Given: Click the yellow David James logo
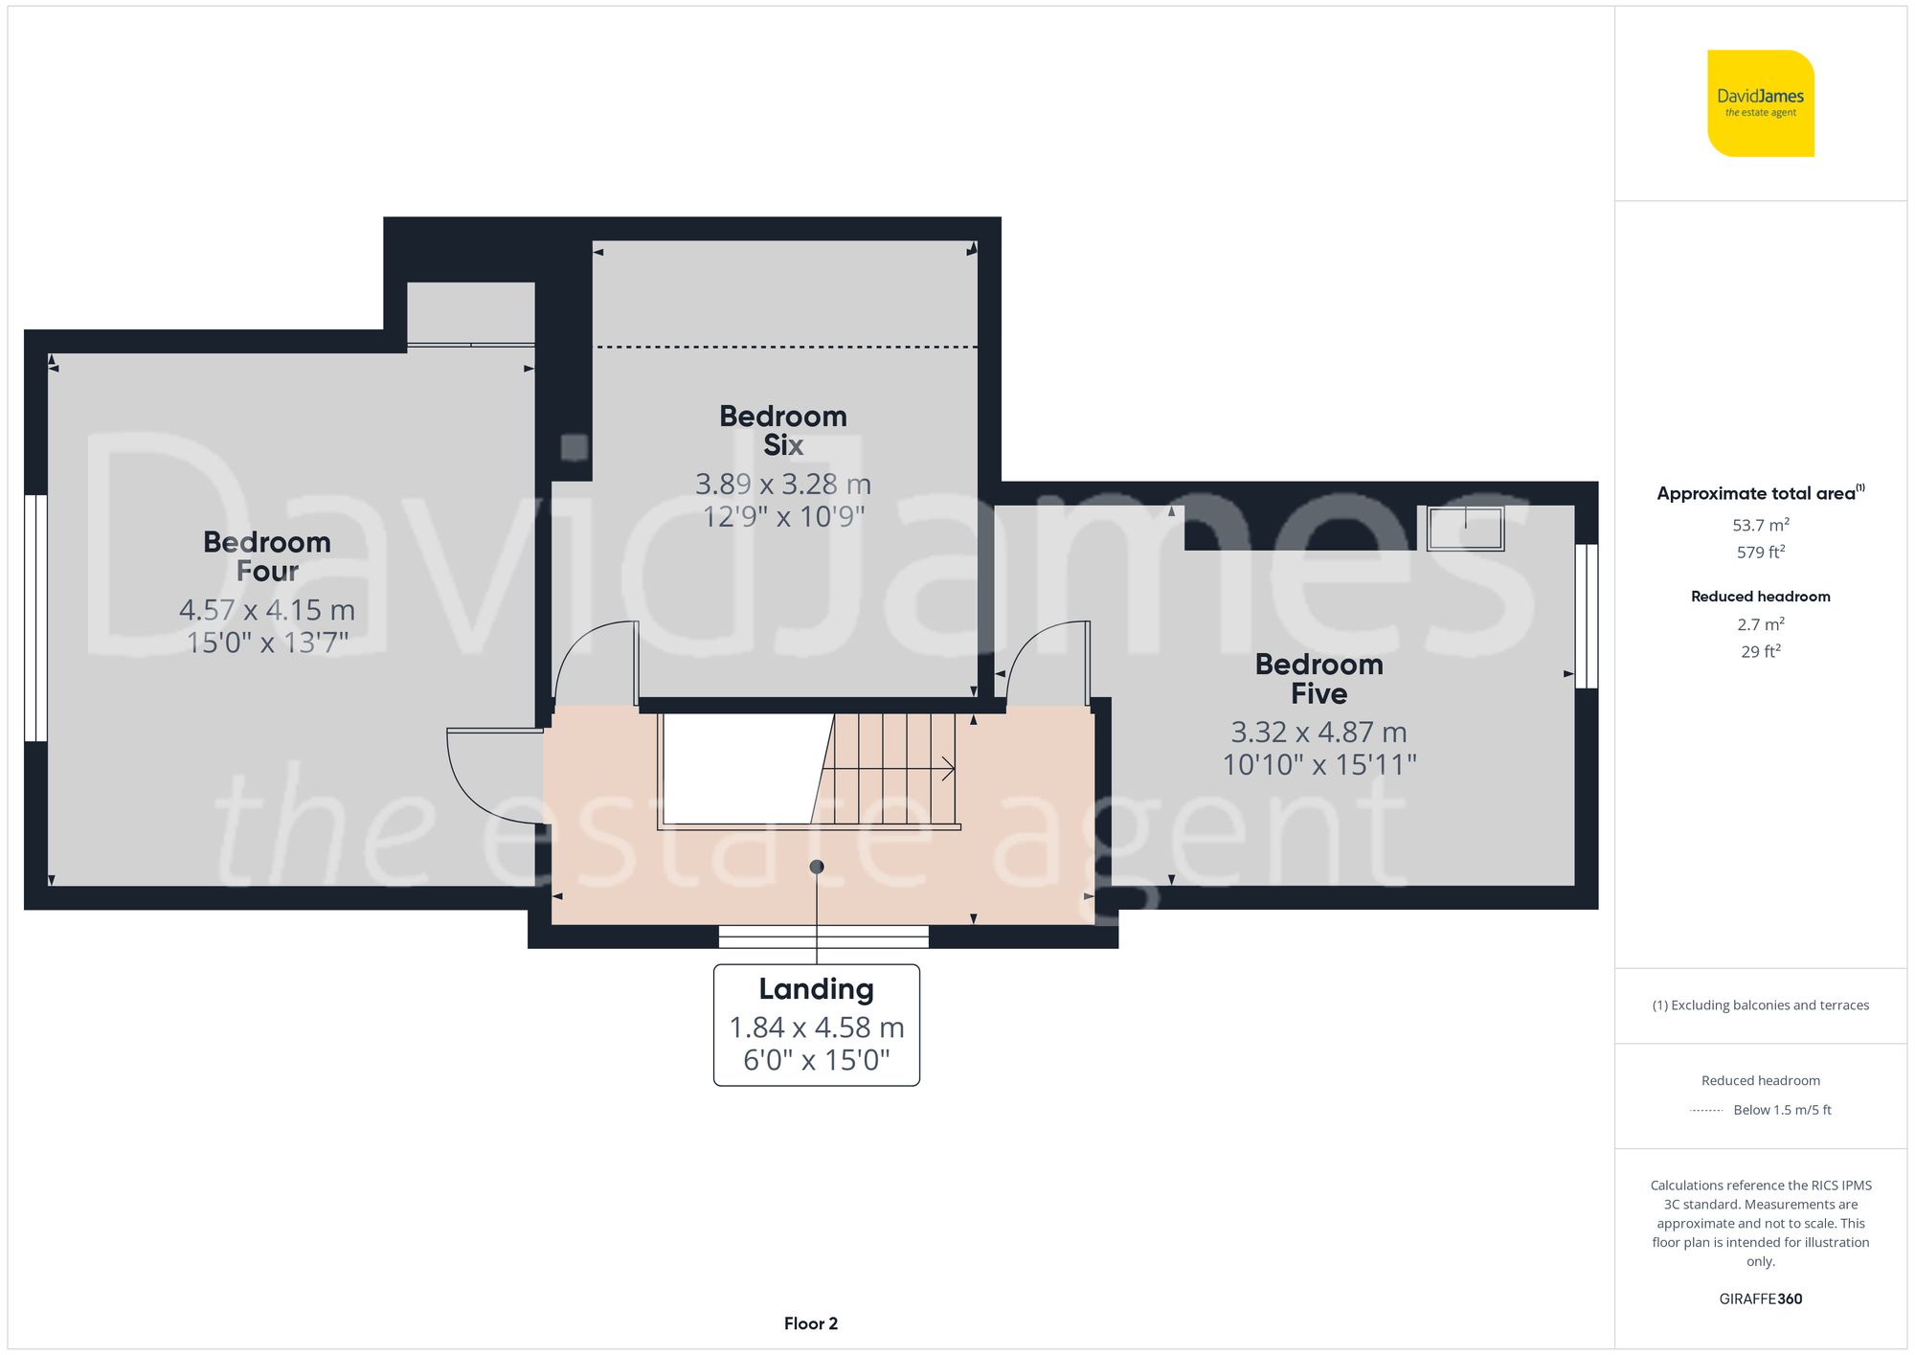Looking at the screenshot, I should click(x=1760, y=103).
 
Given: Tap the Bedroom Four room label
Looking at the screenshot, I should click(x=267, y=556).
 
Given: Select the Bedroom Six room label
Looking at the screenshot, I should click(x=782, y=430).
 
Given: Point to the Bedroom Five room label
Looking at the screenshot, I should click(x=1318, y=678).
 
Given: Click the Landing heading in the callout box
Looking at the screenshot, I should click(x=816, y=988).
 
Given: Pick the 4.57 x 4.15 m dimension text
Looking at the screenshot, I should click(x=267, y=610).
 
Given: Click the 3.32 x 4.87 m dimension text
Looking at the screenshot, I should click(x=1318, y=733).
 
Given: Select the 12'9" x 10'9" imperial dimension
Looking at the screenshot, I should click(x=782, y=517).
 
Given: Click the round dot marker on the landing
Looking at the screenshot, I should click(x=817, y=867).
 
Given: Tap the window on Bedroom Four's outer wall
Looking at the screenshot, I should click(x=35, y=618).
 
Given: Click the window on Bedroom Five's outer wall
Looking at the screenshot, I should click(x=1586, y=616).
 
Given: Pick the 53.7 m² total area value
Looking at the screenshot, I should click(x=1760, y=525).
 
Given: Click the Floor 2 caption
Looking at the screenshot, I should click(x=810, y=1323).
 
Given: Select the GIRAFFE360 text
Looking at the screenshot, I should click(x=1760, y=1299).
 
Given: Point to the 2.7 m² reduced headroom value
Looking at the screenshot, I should click(x=1760, y=624).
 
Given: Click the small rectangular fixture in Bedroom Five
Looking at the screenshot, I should click(x=1465, y=529).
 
